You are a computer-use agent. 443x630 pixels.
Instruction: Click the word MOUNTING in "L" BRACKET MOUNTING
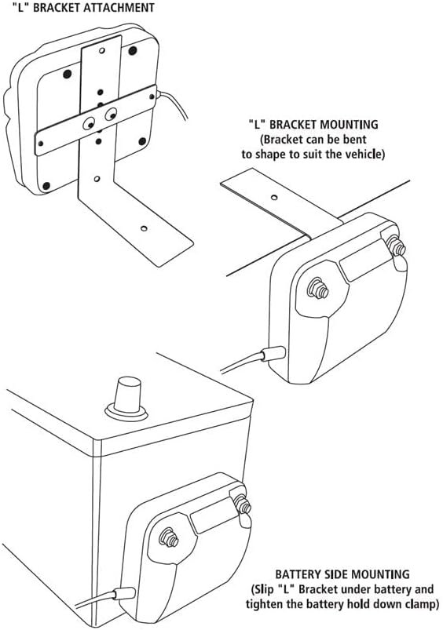tap(343, 125)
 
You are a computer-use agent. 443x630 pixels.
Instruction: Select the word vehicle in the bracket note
tap(362, 155)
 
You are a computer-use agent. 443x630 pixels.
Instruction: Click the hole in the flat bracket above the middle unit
tap(274, 197)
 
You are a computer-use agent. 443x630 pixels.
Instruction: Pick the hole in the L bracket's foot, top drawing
tap(144, 228)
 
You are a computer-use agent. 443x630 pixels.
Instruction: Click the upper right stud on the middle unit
tap(397, 246)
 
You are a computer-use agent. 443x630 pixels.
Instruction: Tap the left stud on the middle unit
tap(318, 288)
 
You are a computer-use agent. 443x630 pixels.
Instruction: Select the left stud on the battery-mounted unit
tap(169, 537)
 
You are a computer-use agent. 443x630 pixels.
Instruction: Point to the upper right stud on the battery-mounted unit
tap(242, 504)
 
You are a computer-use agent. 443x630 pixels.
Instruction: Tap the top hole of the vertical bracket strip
tap(102, 51)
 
